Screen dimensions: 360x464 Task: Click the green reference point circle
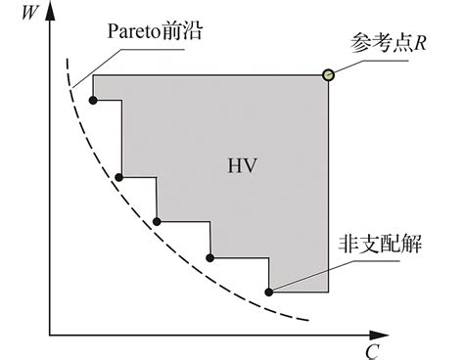pos(329,74)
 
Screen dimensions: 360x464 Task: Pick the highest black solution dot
pos(93,100)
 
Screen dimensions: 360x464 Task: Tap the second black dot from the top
pos(119,177)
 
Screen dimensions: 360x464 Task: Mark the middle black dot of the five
pos(157,221)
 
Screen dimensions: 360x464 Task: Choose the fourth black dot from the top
pos(211,257)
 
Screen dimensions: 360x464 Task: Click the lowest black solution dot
pos(269,291)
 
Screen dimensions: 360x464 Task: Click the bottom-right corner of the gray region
pos(328,292)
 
